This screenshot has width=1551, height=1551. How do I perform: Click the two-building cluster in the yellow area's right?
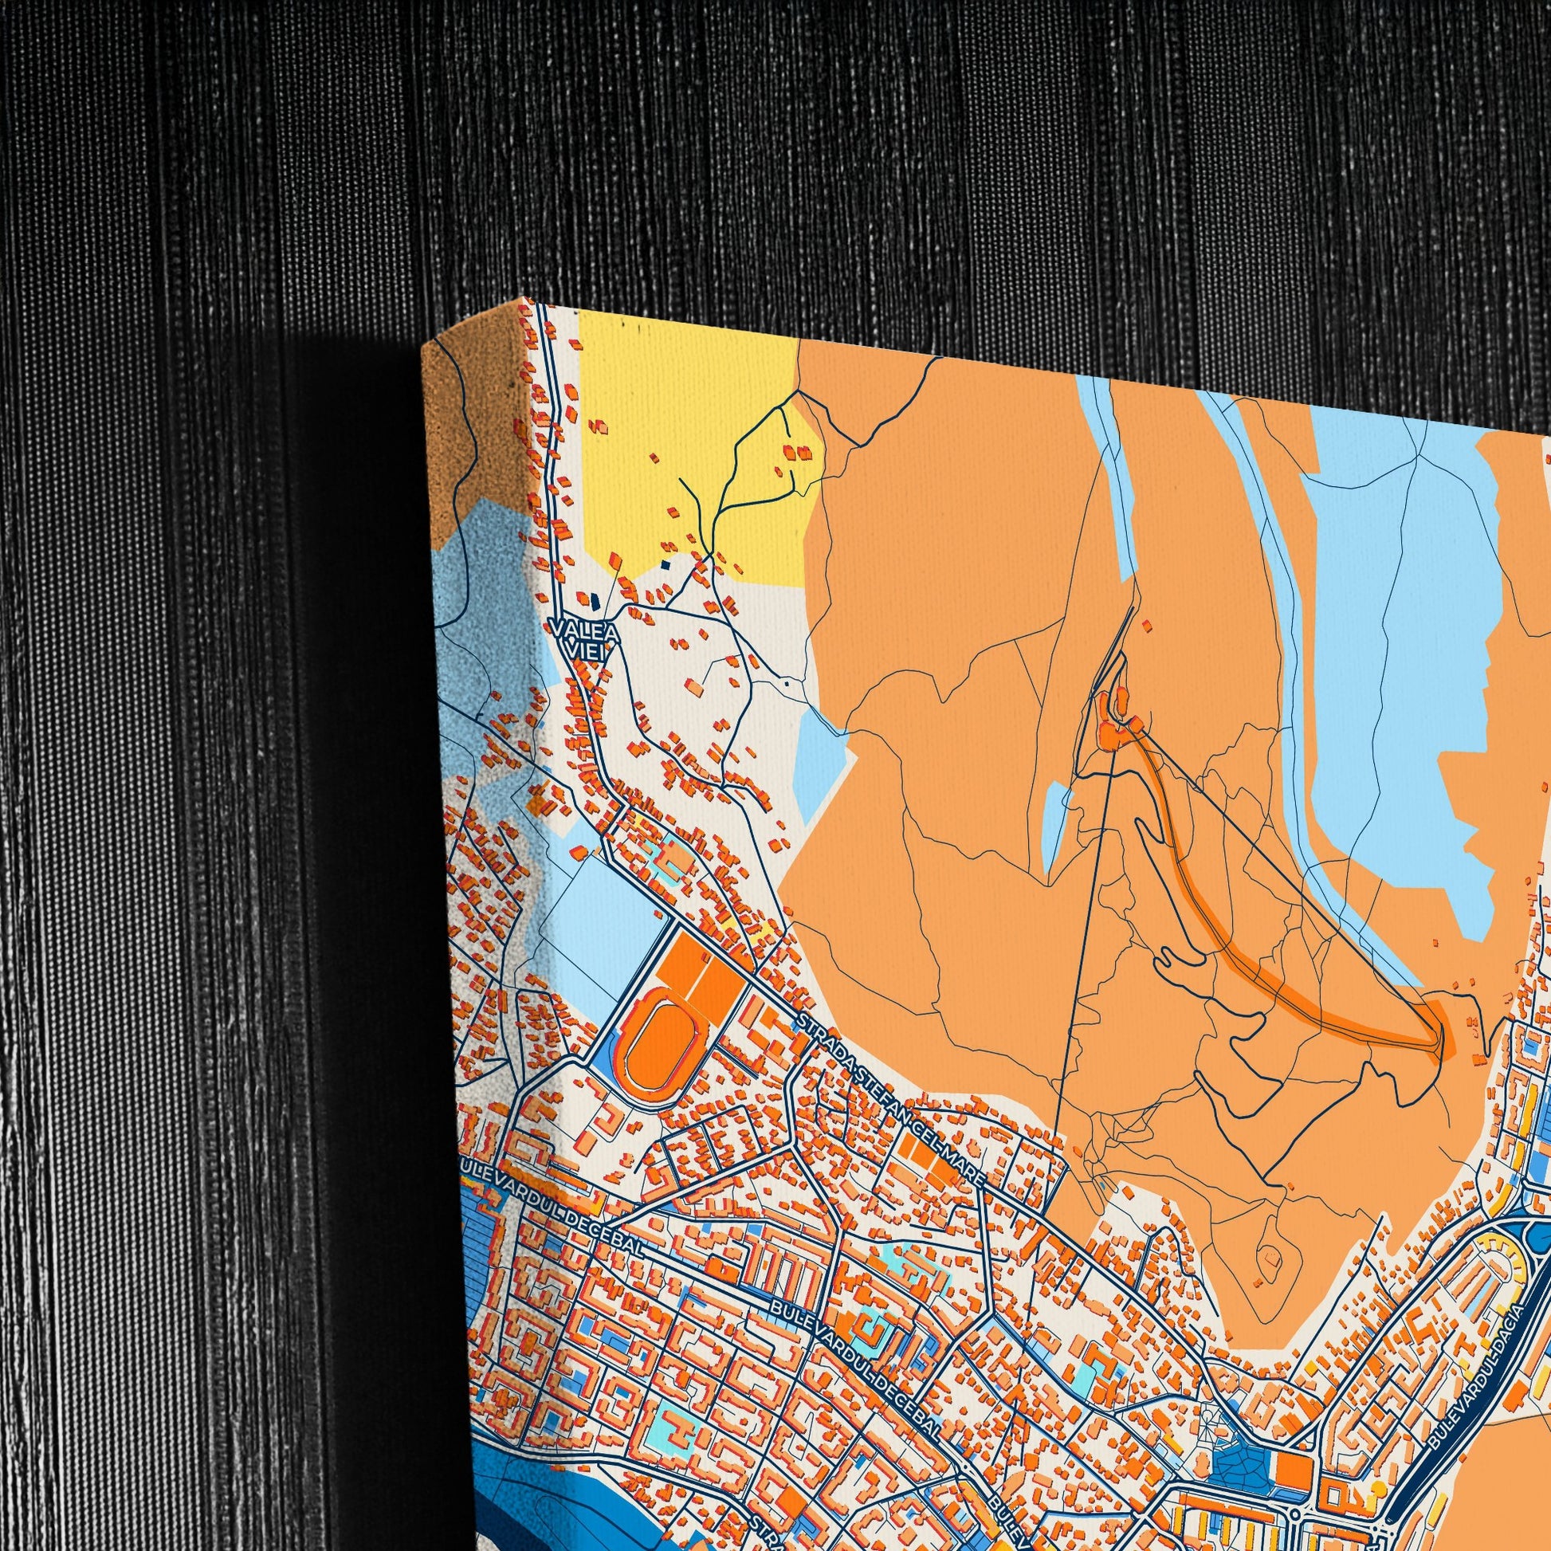pyautogui.click(x=800, y=452)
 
